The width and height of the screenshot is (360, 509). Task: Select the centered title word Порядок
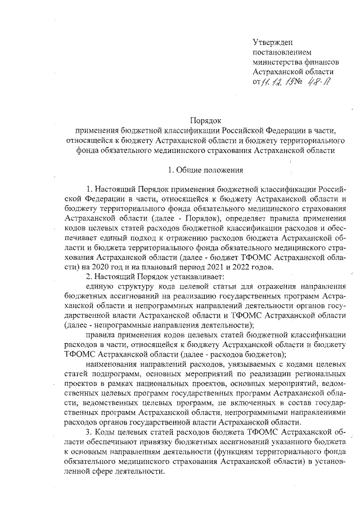tap(206, 120)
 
